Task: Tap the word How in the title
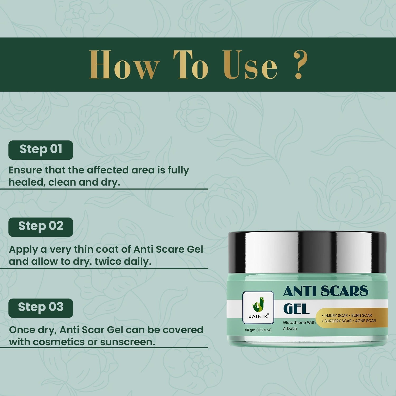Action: pos(124,65)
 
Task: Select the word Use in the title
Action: pos(250,65)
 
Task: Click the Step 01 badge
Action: pos(41,150)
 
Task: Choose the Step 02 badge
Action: pos(41,227)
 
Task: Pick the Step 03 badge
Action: pos(41,308)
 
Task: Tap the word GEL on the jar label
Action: pos(296,309)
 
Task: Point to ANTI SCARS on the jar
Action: pos(326,291)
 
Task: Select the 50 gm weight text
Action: pos(258,330)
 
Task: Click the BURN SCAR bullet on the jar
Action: pos(361,315)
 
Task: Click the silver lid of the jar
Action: pos(307,252)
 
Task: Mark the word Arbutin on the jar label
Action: pos(290,328)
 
